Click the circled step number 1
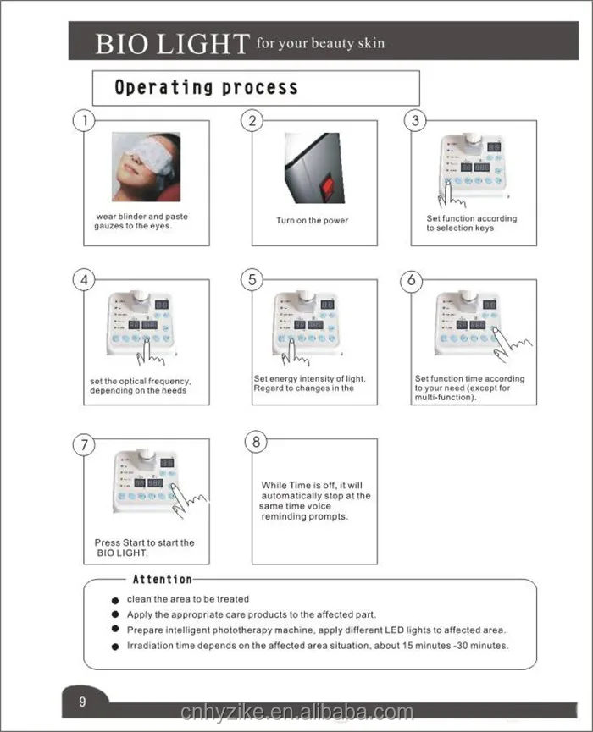[83, 120]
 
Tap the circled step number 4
[83, 280]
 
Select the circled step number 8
[256, 442]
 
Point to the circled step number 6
[412, 280]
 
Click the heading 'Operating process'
[206, 87]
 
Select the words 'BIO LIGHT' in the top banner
[172, 43]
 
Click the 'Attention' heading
[163, 579]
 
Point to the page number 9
[82, 702]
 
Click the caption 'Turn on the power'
[312, 221]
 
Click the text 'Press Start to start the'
[144, 542]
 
